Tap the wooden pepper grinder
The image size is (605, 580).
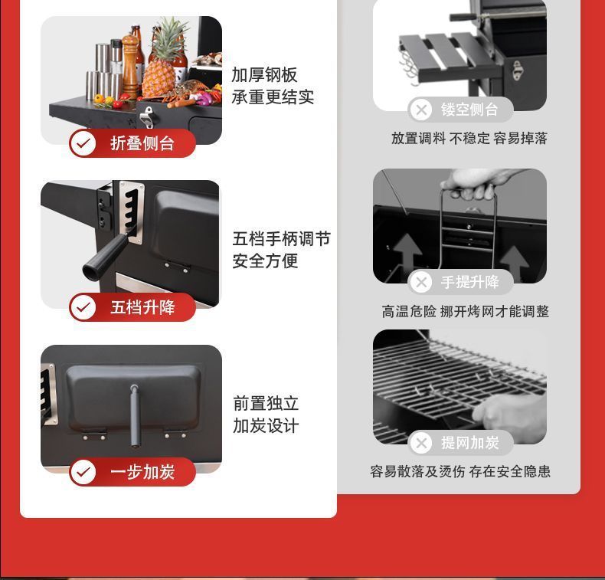point(129,67)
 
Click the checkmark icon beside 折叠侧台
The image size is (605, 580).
point(83,143)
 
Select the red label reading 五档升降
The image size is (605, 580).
point(132,307)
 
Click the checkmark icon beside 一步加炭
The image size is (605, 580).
point(83,472)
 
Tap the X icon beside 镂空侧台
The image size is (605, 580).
point(421,110)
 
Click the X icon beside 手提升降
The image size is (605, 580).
point(421,282)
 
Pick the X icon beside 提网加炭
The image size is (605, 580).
point(421,443)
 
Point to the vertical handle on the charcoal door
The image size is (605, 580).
point(134,415)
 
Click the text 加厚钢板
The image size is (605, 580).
point(264,75)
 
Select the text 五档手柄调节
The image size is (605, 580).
point(281,239)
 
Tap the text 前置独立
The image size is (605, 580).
point(266,403)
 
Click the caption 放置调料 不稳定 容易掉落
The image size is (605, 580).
point(469,138)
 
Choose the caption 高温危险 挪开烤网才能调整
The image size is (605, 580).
point(466,311)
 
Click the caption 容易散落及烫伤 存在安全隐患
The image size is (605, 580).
point(460,471)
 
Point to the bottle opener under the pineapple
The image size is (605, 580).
point(146,117)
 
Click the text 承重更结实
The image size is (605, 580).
point(273,97)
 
